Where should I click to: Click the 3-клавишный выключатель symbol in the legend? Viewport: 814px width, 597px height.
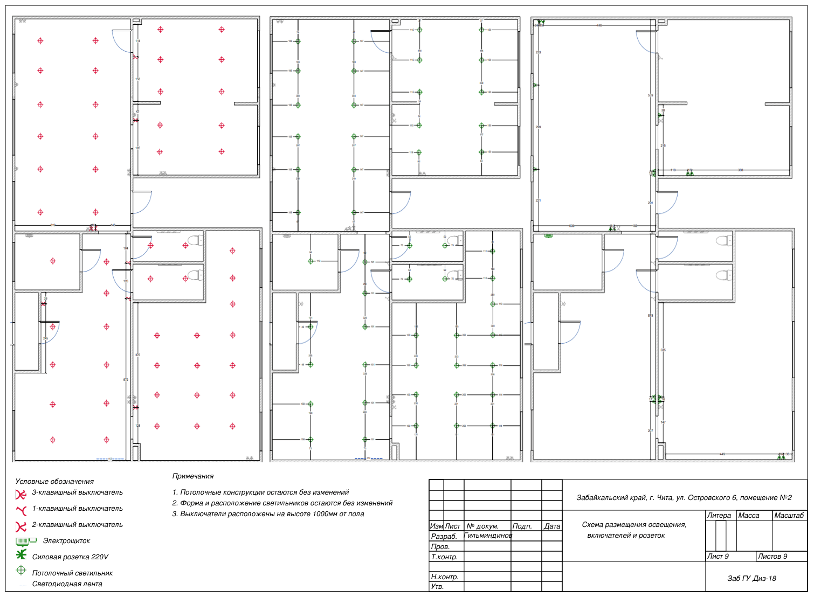21,494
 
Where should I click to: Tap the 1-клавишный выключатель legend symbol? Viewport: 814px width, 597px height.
22,510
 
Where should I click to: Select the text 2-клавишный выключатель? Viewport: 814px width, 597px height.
77,525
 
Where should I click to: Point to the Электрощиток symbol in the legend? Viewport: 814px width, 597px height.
26,540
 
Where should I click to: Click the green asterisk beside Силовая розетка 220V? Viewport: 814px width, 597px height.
21,554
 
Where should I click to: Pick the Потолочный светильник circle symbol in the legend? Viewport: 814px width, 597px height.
21,570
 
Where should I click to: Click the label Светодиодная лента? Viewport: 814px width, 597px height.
67,584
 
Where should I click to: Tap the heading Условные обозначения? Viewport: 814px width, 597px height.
54,482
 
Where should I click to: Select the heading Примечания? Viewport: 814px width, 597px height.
193,476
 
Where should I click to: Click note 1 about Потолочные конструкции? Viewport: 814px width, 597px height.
260,492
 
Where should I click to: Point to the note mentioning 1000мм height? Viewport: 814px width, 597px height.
268,514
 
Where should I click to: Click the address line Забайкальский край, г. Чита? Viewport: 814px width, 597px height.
684,498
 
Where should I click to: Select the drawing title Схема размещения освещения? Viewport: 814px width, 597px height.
634,525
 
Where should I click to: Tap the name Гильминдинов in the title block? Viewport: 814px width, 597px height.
488,536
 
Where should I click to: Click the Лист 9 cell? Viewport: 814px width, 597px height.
718,557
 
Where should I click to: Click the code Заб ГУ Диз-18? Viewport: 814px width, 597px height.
751,579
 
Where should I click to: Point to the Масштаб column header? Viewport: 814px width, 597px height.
789,516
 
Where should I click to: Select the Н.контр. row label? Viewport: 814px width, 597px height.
445,577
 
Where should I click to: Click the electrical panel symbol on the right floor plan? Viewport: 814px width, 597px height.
549,235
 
